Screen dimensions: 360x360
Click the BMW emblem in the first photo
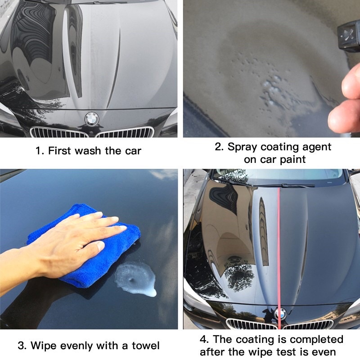(x=92, y=119)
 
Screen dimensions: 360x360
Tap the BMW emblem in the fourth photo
(x=280, y=314)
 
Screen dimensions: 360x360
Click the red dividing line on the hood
(x=279, y=258)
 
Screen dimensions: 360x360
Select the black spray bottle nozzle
(x=348, y=37)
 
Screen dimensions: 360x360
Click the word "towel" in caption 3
(x=145, y=346)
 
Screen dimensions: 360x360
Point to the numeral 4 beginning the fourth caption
(x=204, y=339)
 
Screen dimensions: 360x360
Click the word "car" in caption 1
(x=133, y=151)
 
